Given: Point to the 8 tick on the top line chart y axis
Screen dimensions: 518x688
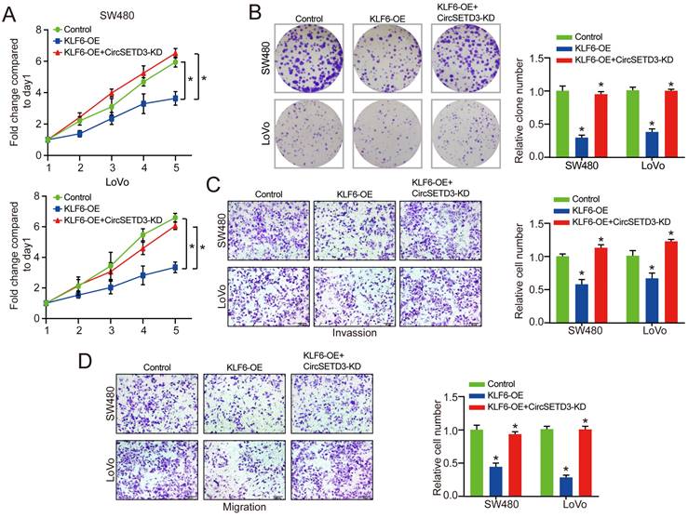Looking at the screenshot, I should pos(36,30).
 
